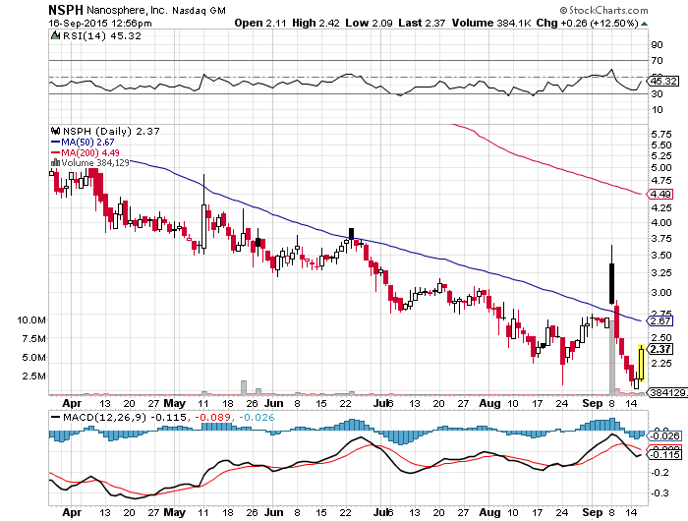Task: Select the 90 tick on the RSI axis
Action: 655,44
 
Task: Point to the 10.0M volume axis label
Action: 31,319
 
